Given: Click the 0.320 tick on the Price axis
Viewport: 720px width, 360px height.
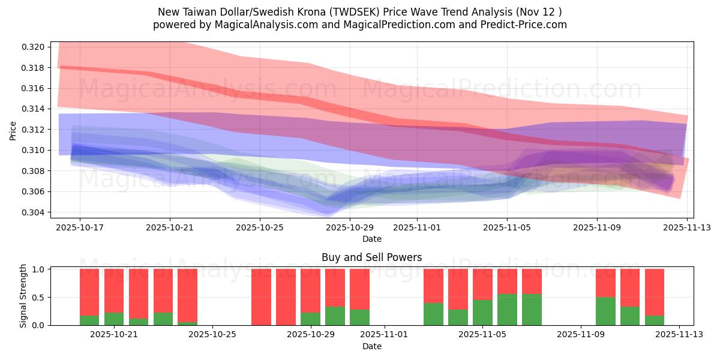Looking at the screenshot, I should coord(33,47).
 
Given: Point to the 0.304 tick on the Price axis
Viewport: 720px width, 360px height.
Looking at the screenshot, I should coord(33,212).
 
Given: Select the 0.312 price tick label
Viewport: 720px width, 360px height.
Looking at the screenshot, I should coord(33,130).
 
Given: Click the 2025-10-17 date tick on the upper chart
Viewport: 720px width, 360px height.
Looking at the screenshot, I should coord(80,228).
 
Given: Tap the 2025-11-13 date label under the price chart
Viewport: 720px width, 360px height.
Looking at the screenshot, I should coord(687,228).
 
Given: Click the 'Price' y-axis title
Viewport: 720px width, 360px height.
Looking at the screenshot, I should coord(13,130).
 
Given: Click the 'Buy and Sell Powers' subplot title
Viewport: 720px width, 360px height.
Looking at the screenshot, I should coord(371,257).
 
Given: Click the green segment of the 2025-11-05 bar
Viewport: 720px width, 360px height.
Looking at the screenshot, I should coord(507,310).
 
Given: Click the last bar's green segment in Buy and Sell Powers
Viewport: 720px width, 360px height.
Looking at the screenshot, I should coord(655,320).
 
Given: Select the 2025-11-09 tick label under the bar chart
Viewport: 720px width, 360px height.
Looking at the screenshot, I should coord(581,335).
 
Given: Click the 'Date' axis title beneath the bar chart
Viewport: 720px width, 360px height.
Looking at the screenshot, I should coord(371,346).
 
